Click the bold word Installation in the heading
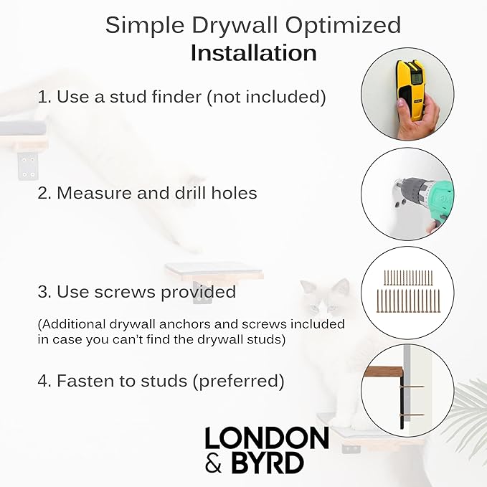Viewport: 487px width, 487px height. click(x=253, y=53)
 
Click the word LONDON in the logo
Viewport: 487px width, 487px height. click(x=266, y=439)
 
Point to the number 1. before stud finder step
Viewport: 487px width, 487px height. click(x=44, y=97)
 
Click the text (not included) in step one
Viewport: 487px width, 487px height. click(x=266, y=97)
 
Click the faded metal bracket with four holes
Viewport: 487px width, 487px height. click(x=29, y=166)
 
